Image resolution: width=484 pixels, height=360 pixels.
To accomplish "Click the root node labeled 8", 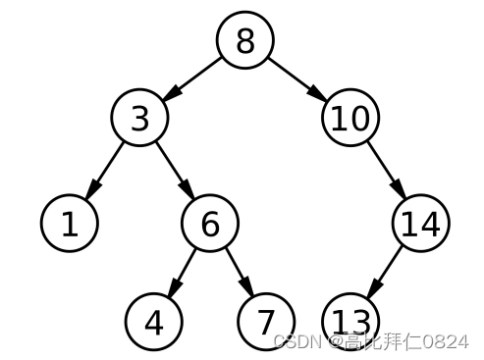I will pos(244,41).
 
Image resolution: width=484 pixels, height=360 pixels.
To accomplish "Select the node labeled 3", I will pos(139,119).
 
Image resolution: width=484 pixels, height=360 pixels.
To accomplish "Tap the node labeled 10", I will pos(350,119).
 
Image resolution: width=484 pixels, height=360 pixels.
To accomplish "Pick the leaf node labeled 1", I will pos(69,224).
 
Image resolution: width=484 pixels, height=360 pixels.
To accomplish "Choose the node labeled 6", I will pos(209,224).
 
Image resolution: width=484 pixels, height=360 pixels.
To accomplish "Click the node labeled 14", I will pos(420,224).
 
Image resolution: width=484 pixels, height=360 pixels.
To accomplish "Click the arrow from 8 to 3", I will pos(192,79).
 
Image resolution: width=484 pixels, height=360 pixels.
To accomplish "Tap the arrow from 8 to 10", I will pos(296,79).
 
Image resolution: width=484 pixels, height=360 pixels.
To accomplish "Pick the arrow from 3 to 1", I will pos(105,171).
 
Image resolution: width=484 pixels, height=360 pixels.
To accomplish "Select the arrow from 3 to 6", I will pos(175,171).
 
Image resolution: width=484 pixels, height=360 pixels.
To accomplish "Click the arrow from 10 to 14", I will pos(385,171).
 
